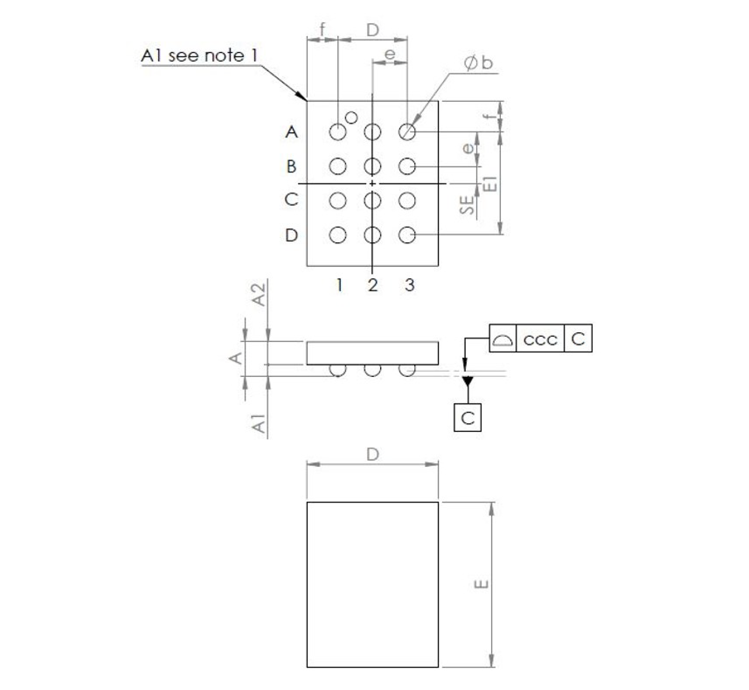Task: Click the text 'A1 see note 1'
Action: click(200, 56)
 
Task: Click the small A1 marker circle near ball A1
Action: click(351, 117)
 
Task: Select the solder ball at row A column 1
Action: click(338, 131)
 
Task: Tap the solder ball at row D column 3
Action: click(407, 235)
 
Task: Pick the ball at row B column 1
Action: click(338, 166)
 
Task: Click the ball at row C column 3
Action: click(407, 201)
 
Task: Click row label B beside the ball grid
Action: click(291, 166)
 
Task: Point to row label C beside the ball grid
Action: click(291, 200)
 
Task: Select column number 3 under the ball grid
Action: click(409, 285)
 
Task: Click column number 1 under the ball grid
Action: click(339, 285)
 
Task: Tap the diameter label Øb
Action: click(478, 64)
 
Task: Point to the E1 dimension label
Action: click(492, 184)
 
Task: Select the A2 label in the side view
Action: click(260, 295)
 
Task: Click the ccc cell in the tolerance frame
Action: click(540, 339)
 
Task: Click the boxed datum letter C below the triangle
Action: click(468, 418)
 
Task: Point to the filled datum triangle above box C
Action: click(468, 381)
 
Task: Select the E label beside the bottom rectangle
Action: click(481, 584)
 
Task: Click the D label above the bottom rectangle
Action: click(372, 455)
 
